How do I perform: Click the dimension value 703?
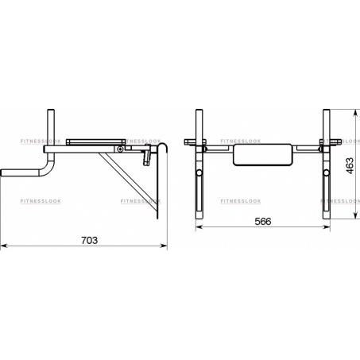pyautogui.click(x=89, y=241)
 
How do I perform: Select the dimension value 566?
pyautogui.click(x=263, y=221)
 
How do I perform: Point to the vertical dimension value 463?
pyautogui.click(x=350, y=166)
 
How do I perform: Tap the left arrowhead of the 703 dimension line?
pyautogui.click(x=4, y=246)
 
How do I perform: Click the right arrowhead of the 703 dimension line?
pyautogui.click(x=164, y=246)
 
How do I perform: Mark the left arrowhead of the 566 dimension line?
pyautogui.click(x=199, y=226)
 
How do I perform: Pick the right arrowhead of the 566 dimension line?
pyautogui.click(x=327, y=226)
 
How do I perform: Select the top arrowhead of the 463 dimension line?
pyautogui.click(x=354, y=113)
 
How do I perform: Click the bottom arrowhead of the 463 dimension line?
pyautogui.click(x=354, y=215)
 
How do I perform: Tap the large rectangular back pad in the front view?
pyautogui.click(x=262, y=155)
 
